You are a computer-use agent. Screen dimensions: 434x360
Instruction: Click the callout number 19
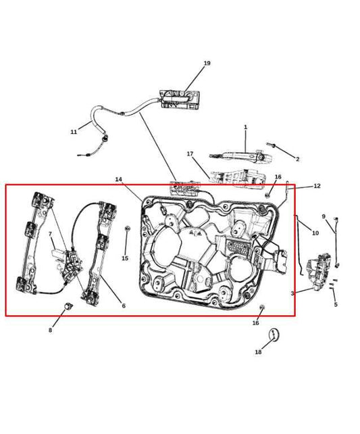(x=207, y=64)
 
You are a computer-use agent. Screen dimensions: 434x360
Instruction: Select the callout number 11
(x=74, y=132)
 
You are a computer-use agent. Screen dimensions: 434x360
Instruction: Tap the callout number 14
(x=119, y=180)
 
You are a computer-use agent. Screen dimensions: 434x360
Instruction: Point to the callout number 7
(x=49, y=235)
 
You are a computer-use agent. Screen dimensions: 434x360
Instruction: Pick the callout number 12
(x=317, y=186)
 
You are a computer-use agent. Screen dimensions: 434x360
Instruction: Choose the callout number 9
(x=324, y=217)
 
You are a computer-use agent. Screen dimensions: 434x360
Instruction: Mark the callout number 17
(x=190, y=154)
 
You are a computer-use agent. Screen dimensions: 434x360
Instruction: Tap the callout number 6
(x=123, y=306)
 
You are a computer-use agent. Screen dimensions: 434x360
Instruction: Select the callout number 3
(x=292, y=293)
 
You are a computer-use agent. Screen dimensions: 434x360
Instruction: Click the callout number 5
(x=335, y=305)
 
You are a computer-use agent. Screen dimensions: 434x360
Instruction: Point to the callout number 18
(x=258, y=352)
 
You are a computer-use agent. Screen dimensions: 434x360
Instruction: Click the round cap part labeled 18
(x=274, y=334)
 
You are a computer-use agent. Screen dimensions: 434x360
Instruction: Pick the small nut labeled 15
(x=127, y=230)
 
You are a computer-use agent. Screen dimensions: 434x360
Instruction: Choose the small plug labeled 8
(x=68, y=308)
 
